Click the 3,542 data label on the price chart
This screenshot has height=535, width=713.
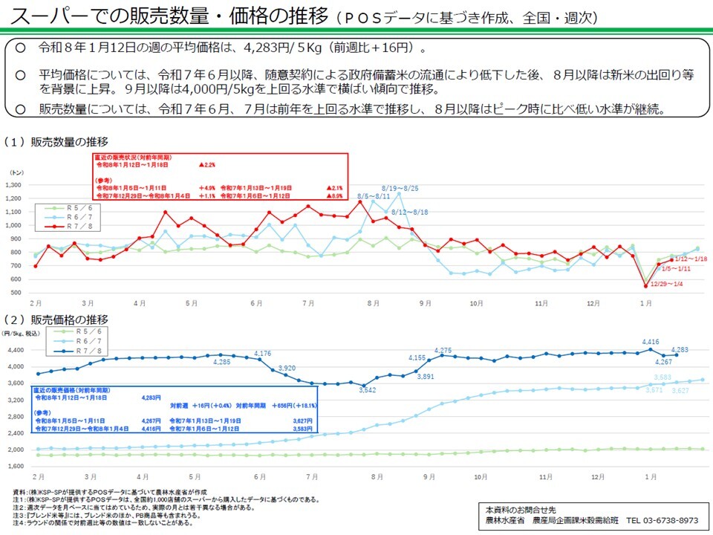367,389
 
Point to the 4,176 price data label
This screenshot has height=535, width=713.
262,353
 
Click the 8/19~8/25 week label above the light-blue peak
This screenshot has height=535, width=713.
400,189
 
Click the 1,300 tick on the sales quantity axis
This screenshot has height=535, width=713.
16,185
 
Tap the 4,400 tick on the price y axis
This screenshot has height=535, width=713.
16,350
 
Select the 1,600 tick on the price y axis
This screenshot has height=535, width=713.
16,466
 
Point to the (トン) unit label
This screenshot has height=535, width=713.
16,172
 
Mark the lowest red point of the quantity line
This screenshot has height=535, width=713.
645,285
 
